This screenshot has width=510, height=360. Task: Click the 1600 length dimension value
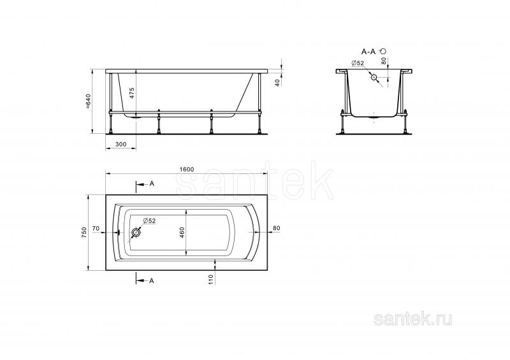[186, 169]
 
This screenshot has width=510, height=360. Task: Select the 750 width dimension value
[84, 233]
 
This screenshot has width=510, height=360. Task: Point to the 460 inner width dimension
[182, 233]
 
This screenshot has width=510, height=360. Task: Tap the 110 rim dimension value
[211, 280]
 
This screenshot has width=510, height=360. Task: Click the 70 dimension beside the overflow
[96, 229]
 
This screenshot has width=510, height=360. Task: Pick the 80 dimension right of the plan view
[276, 228]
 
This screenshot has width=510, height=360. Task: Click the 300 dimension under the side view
[120, 145]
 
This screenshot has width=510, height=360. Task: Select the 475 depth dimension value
[132, 93]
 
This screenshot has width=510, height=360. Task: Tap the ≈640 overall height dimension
[88, 101]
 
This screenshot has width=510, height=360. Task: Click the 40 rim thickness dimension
[277, 83]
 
